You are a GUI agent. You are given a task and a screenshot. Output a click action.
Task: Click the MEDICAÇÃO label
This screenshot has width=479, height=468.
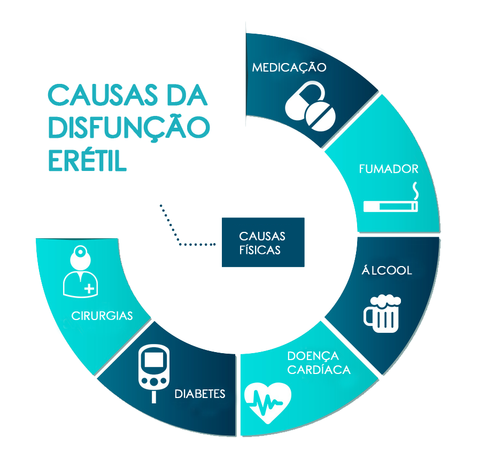(289, 67)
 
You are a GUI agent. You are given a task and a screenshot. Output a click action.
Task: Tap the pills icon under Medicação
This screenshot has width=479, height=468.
(310, 106)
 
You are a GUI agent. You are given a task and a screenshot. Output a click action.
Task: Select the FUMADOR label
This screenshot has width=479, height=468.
(389, 169)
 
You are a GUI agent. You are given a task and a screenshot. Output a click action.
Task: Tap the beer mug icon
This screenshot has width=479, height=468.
(382, 314)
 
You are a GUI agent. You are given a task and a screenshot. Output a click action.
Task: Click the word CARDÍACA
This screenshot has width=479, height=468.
(319, 369)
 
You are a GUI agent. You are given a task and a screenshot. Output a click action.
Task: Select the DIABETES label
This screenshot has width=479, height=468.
(200, 394)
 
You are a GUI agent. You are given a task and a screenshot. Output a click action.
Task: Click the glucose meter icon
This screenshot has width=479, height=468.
(154, 373)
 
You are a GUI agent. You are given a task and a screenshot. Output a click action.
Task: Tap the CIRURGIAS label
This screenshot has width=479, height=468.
(102, 316)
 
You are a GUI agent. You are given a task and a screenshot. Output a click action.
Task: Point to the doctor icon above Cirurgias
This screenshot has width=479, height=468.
(80, 271)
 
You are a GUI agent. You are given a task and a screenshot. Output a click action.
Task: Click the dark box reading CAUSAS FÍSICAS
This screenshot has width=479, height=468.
(263, 243)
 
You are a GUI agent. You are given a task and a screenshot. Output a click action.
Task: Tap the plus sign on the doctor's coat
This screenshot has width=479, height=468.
(89, 288)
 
